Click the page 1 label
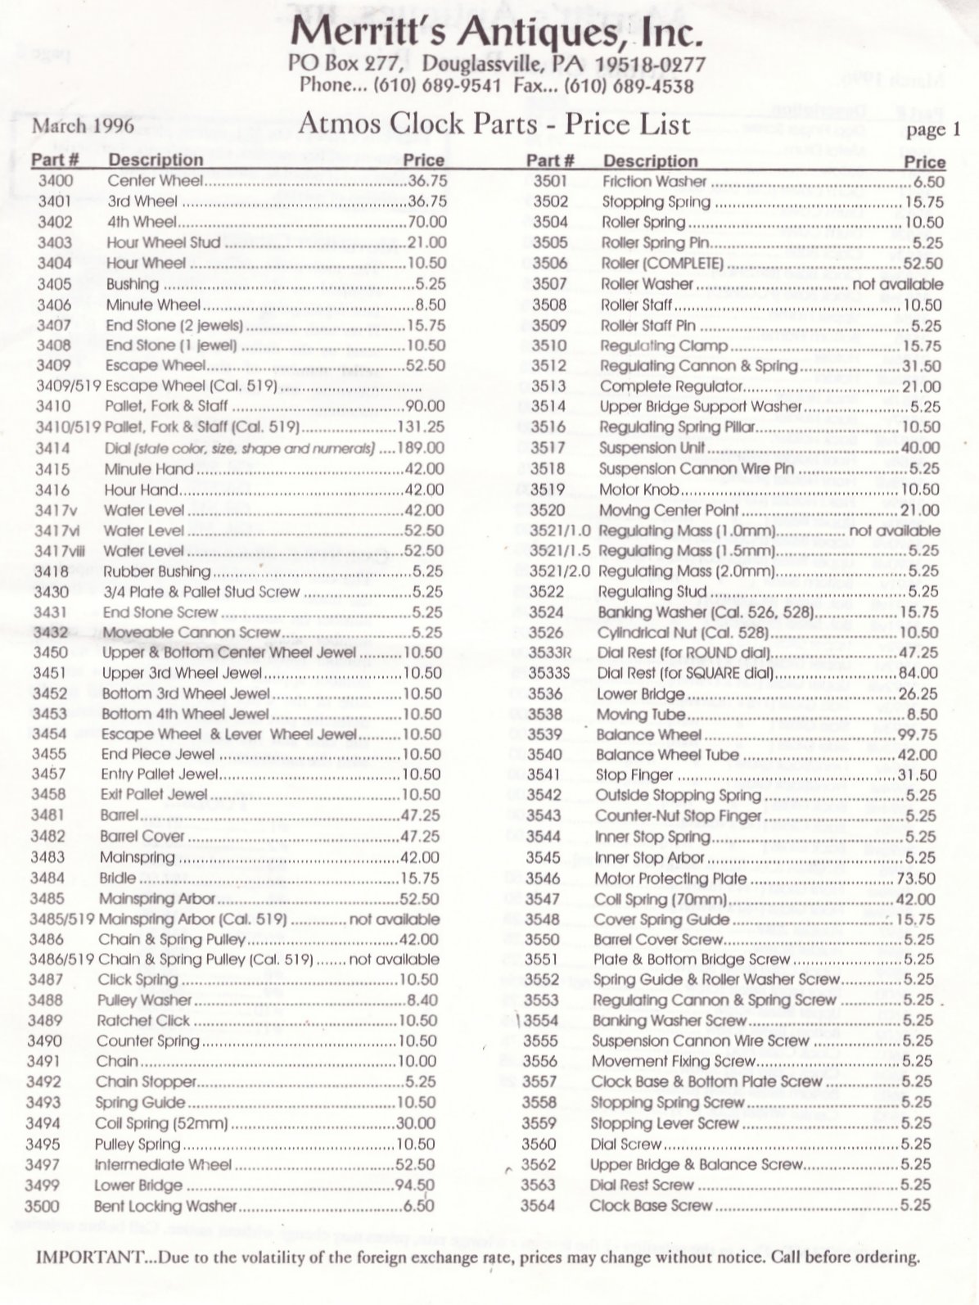click(932, 129)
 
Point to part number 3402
click(55, 222)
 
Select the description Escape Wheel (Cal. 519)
click(192, 386)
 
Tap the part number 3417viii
click(56, 551)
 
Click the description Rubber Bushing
click(156, 571)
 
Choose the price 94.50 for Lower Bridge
click(414, 1185)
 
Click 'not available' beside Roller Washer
click(897, 284)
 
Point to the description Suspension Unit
click(652, 448)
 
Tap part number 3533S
click(549, 673)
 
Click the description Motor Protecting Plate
click(670, 878)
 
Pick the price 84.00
click(918, 673)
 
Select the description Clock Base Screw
click(651, 1205)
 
